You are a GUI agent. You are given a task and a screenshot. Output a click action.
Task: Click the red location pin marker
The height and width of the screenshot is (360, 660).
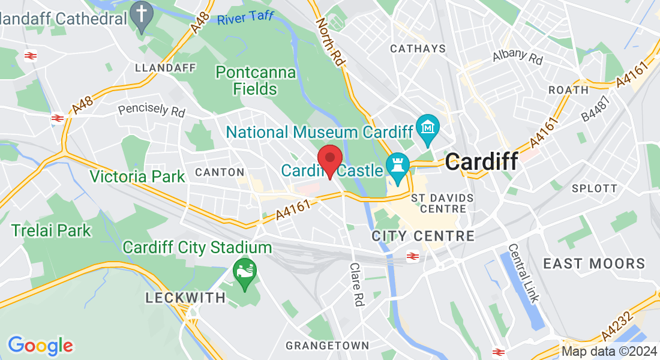tap(329, 160)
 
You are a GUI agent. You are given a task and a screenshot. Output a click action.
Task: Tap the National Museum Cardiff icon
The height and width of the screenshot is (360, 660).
tap(428, 128)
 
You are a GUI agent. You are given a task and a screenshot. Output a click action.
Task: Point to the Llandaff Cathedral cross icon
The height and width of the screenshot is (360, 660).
tap(142, 17)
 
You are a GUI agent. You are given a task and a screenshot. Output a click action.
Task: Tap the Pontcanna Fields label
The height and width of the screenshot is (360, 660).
tap(256, 81)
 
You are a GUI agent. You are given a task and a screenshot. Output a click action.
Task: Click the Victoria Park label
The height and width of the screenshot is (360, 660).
tap(137, 176)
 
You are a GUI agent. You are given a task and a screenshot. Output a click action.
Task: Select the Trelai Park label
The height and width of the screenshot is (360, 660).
tap(51, 230)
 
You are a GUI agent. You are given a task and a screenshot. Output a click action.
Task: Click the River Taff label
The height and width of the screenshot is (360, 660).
tap(245, 18)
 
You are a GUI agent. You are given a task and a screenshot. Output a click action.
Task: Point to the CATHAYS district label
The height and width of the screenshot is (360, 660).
tap(418, 49)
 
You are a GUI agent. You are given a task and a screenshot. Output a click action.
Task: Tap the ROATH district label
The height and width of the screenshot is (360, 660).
tap(568, 90)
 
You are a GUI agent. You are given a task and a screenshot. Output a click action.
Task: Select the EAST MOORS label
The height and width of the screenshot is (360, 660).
tap(594, 263)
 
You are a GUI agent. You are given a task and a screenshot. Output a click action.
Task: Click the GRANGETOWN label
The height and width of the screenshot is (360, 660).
tap(327, 346)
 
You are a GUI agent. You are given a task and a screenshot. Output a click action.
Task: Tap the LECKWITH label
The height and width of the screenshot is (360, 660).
tap(186, 298)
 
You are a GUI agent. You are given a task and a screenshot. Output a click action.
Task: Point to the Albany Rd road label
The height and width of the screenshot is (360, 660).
tap(517, 56)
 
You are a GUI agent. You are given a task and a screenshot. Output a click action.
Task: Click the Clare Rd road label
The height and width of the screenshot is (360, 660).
tap(357, 284)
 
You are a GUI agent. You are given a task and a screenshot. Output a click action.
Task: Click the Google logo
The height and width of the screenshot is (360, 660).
tap(40, 345)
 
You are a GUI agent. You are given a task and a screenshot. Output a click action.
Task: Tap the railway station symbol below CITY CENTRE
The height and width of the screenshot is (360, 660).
tap(412, 257)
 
